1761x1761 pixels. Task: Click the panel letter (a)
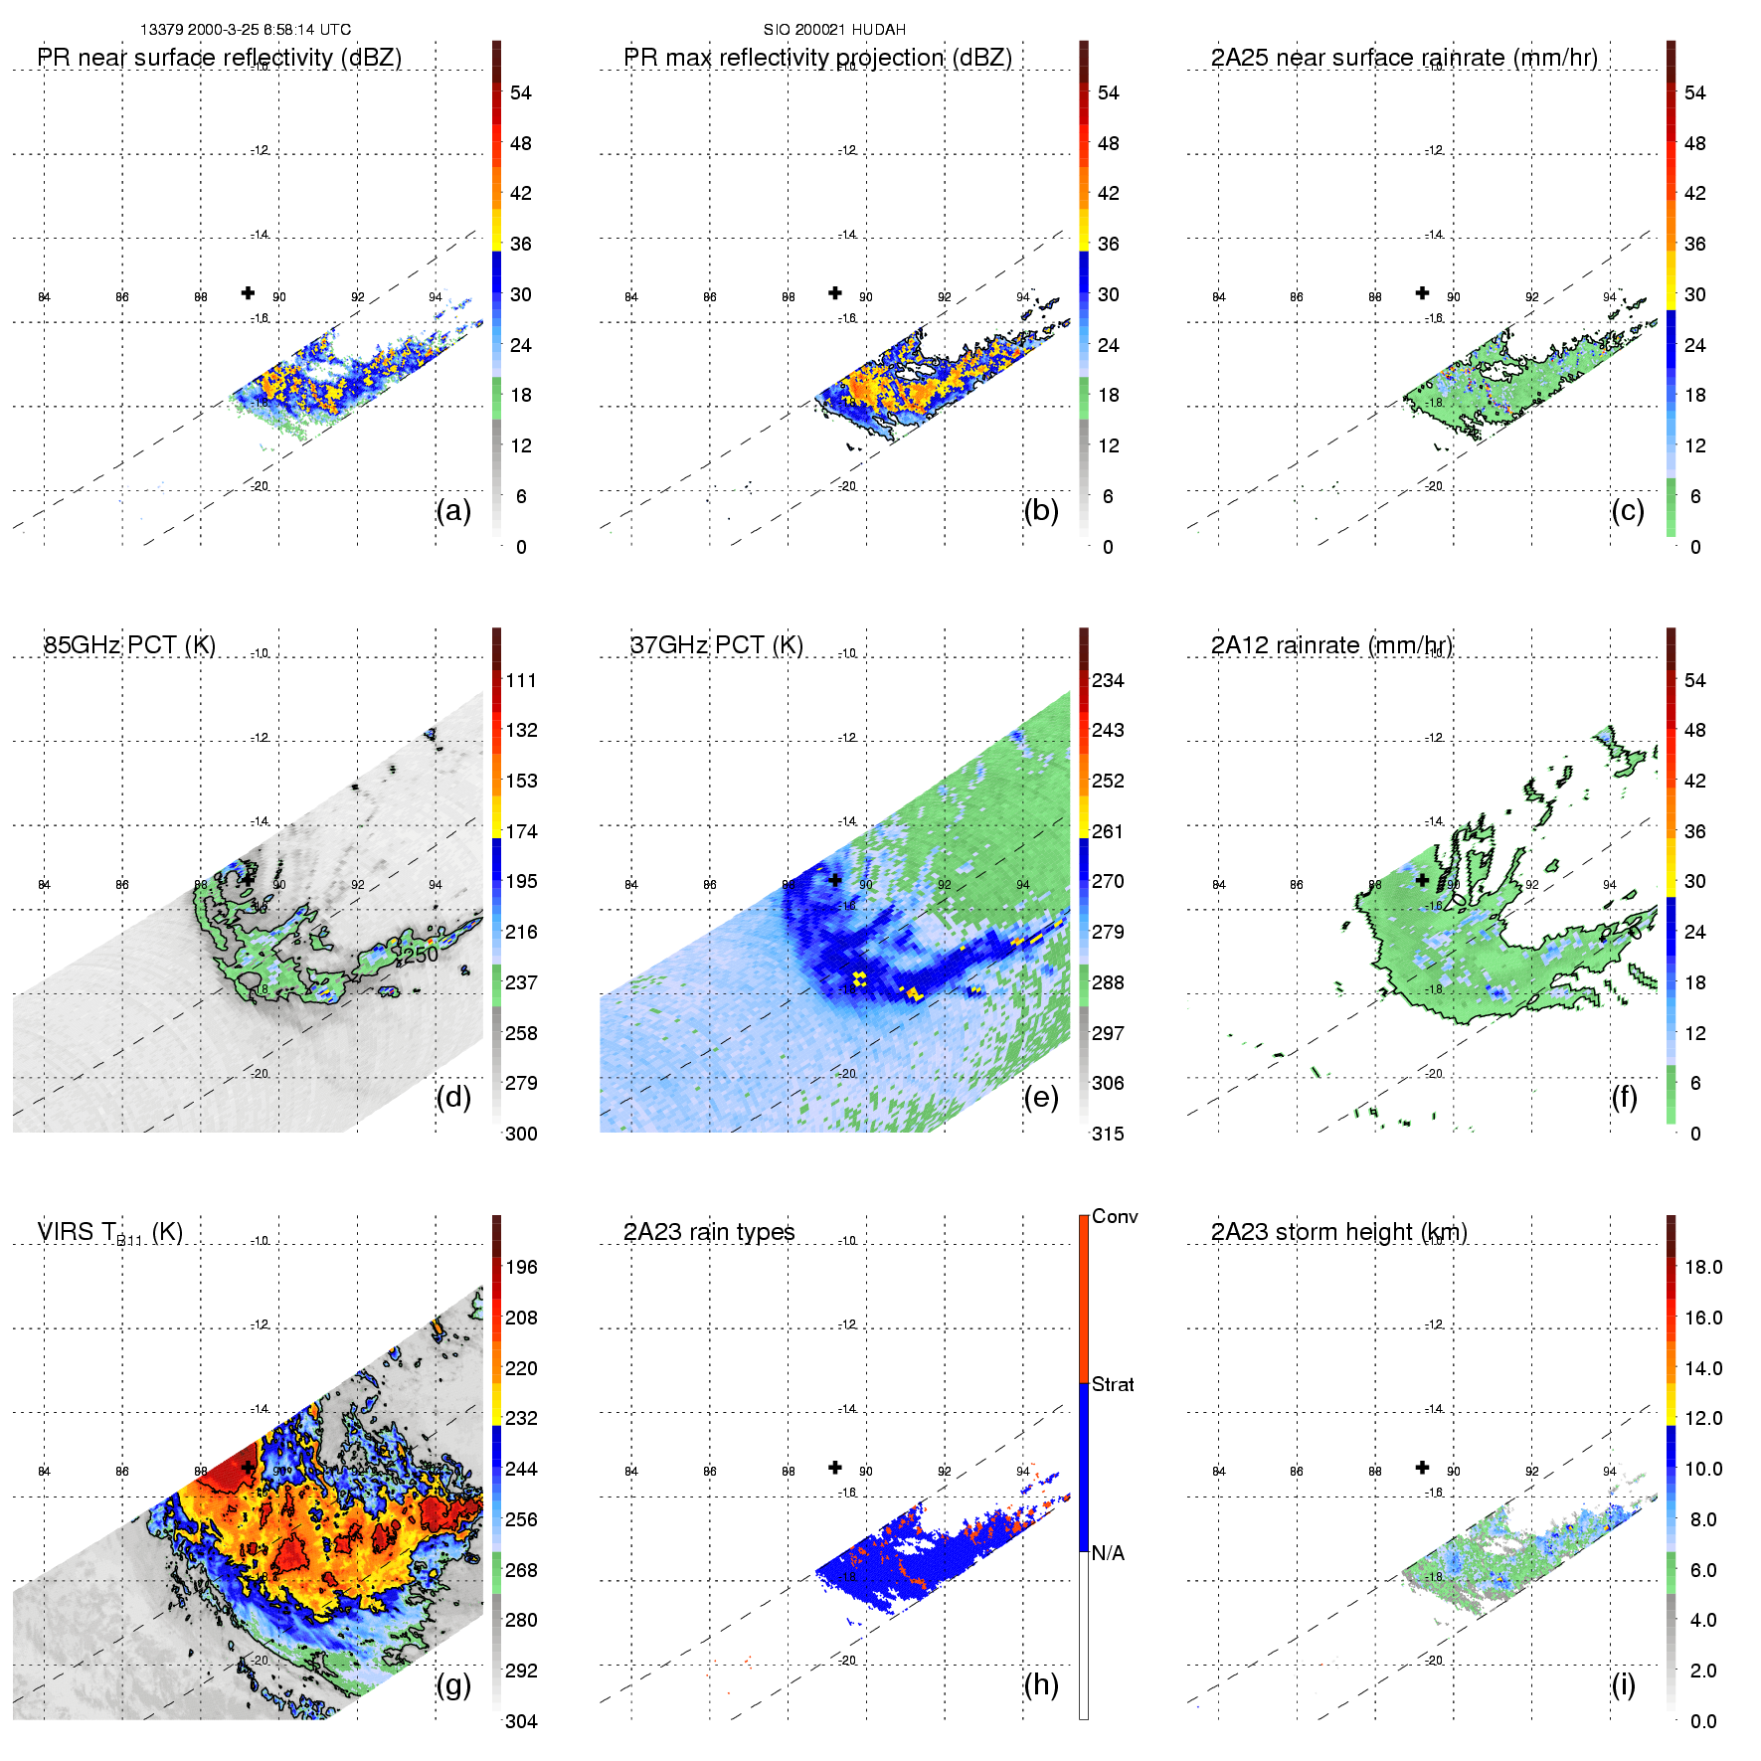[453, 511]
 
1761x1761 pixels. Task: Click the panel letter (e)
[1040, 1098]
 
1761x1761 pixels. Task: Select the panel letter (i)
[1623, 1684]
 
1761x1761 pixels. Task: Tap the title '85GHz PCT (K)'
[129, 645]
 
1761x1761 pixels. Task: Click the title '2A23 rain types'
[709, 1232]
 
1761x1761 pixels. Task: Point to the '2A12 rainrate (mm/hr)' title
[1331, 645]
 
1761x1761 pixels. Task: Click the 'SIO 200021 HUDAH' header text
[834, 30]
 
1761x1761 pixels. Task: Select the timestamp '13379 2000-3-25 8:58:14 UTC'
[246, 30]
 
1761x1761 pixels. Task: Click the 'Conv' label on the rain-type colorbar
[1115, 1216]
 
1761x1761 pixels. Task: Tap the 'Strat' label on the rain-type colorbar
[1113, 1384]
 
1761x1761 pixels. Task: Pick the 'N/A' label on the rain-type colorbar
[1108, 1553]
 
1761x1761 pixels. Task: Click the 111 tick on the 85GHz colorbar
[521, 680]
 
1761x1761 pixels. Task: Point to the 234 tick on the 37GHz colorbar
[1108, 680]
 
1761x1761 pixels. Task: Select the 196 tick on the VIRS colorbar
[521, 1267]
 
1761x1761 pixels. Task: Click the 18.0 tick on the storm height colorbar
[1703, 1267]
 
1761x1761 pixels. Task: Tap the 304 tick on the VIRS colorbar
[521, 1721]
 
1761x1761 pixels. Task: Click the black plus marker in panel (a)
[248, 292]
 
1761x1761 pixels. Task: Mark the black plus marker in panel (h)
[835, 1467]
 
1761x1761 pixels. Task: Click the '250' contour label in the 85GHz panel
[420, 955]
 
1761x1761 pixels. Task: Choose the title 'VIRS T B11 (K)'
[109, 1233]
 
